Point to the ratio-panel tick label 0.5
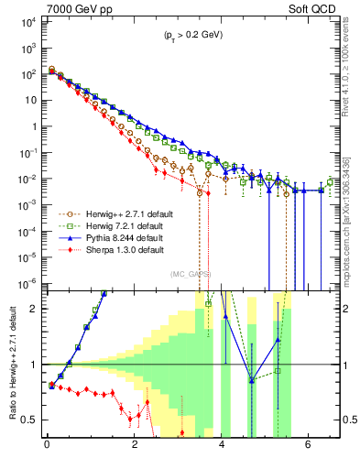point(27,420)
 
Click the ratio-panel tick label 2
point(32,309)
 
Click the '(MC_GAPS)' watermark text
point(190,274)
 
